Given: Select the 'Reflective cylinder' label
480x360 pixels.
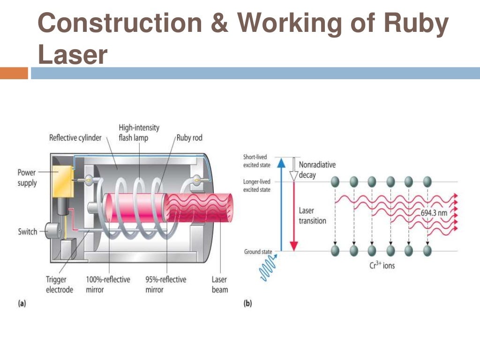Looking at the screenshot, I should [x=75, y=138].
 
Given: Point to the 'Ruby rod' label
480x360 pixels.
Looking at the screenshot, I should [x=189, y=138].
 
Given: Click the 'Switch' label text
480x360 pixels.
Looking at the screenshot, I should [x=28, y=232].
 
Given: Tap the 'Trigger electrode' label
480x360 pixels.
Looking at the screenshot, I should [x=60, y=285].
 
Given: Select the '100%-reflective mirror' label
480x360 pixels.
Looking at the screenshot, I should [x=108, y=285].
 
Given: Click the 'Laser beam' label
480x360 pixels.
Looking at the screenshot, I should [x=219, y=285].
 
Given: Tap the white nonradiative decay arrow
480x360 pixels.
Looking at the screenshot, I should [x=294, y=169].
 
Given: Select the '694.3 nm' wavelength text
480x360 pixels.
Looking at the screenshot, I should [x=433, y=212].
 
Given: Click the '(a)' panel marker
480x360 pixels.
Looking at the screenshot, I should [x=22, y=303].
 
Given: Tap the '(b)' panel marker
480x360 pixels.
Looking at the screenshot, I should [x=247, y=303].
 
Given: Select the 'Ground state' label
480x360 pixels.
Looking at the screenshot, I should [x=258, y=252].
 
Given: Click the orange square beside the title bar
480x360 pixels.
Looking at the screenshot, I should [x=14, y=73].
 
